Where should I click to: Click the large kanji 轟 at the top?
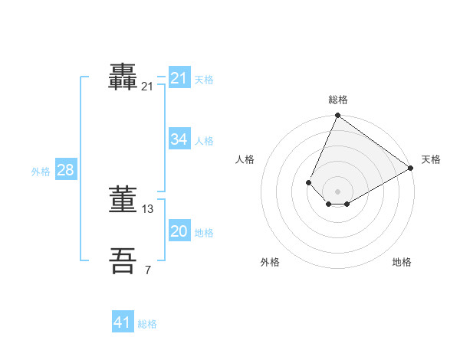click(124, 77)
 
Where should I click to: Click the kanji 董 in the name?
click(124, 200)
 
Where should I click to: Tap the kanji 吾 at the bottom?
click(124, 260)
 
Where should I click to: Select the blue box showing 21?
click(179, 78)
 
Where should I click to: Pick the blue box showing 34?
click(179, 139)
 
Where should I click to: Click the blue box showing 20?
click(179, 231)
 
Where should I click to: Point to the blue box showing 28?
click(65, 170)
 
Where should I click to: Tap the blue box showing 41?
click(123, 322)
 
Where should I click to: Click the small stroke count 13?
click(148, 208)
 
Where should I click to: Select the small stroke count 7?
click(148, 269)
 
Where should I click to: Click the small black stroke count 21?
click(147, 87)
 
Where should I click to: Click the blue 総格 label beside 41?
click(147, 324)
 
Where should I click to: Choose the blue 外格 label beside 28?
click(41, 172)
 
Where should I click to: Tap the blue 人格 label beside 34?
click(204, 141)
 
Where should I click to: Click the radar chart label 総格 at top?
click(338, 100)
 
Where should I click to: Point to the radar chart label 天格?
click(431, 159)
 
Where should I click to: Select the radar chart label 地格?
click(402, 262)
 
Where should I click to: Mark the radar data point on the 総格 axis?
click(337, 116)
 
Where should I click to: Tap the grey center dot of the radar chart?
click(337, 191)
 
